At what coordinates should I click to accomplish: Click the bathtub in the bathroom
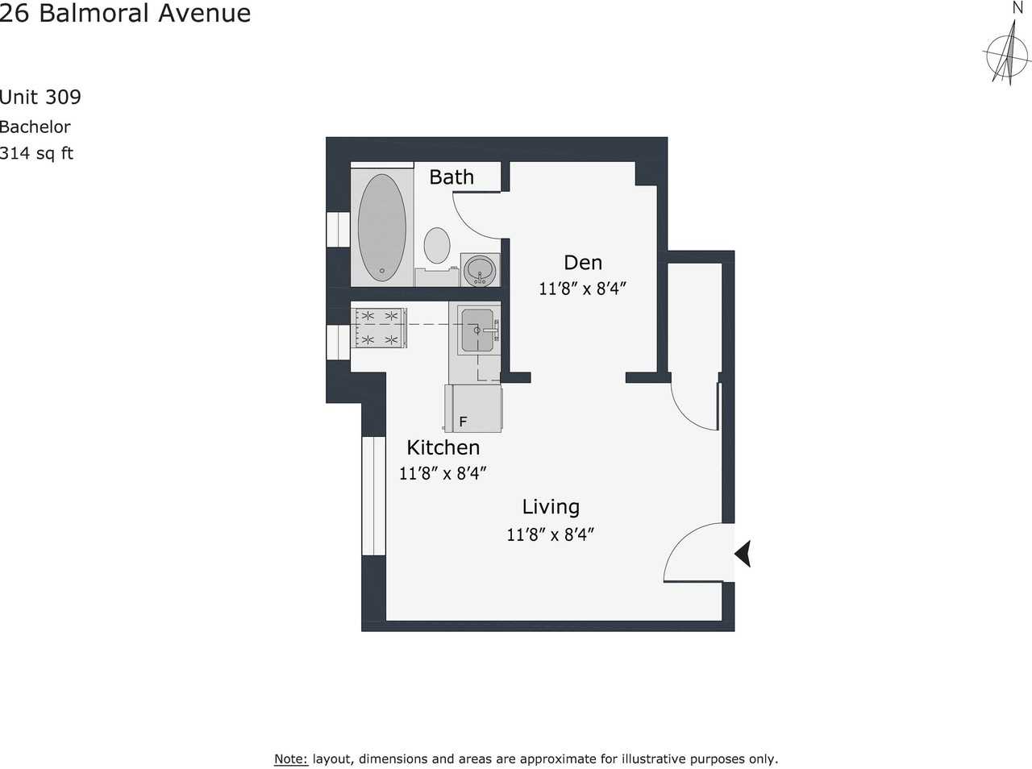click(381, 227)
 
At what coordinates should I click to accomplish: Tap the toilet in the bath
click(437, 246)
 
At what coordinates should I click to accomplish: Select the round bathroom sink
click(481, 269)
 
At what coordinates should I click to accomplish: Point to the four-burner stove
click(380, 328)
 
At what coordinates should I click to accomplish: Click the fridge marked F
click(473, 409)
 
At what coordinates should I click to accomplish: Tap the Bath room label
click(451, 177)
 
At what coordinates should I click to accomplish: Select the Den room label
click(582, 263)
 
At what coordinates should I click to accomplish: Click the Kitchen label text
click(443, 447)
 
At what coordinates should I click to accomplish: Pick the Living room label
click(551, 507)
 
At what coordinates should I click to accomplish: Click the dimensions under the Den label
click(582, 289)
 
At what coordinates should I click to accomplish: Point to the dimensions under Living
click(550, 534)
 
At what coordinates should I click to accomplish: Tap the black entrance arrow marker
click(743, 554)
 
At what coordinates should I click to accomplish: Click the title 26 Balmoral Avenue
click(125, 13)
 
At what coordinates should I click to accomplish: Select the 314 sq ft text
click(36, 153)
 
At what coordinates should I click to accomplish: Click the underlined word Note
click(290, 759)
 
